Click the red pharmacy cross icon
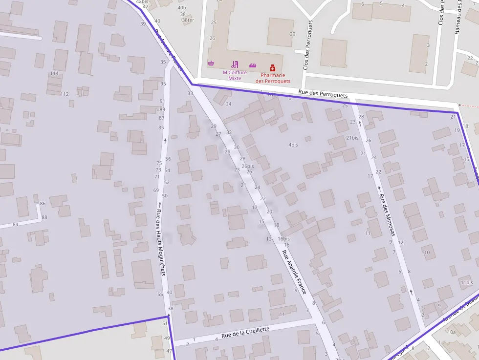[273, 68]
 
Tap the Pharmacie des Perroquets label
[273, 78]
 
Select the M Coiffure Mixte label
[235, 75]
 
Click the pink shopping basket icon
[211, 64]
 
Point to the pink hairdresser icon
[235, 64]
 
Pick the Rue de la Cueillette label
[245, 333]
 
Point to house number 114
[54, 74]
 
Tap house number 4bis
[293, 145]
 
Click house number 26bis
[247, 166]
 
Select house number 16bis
[283, 238]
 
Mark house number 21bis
[352, 138]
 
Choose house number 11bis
[466, 282]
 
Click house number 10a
[452, 332]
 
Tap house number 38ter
[188, 20]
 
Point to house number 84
[16, 224]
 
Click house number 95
[163, 84]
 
